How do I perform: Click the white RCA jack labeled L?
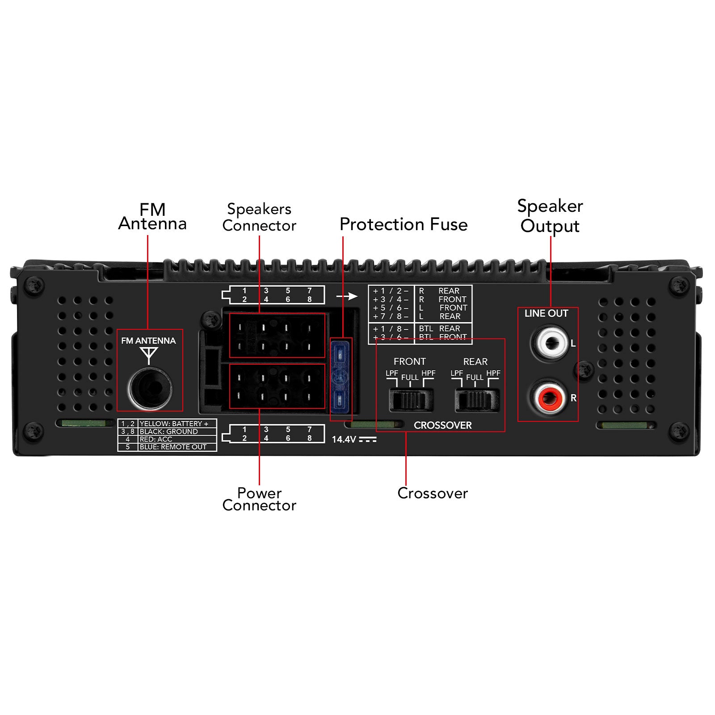pyautogui.click(x=550, y=343)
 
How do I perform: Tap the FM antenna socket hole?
pyautogui.click(x=149, y=387)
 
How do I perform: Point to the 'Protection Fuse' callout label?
pyautogui.click(x=403, y=224)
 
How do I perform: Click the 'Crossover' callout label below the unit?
pyautogui.click(x=432, y=493)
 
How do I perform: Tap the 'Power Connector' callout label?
pyautogui.click(x=259, y=499)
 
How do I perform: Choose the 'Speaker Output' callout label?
pyautogui.click(x=550, y=216)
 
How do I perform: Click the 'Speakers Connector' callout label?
pyautogui.click(x=259, y=217)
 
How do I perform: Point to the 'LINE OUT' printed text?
pyautogui.click(x=546, y=314)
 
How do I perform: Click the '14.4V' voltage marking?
pyautogui.click(x=344, y=440)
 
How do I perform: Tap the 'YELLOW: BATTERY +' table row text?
pyautogui.click(x=174, y=424)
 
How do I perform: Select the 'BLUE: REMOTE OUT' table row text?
pyautogui.click(x=173, y=447)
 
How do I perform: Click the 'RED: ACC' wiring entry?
pyautogui.click(x=156, y=439)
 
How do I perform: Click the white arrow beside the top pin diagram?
pyautogui.click(x=347, y=296)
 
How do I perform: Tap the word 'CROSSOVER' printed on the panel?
pyautogui.click(x=442, y=425)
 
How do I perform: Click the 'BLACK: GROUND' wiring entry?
pyautogui.click(x=168, y=432)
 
